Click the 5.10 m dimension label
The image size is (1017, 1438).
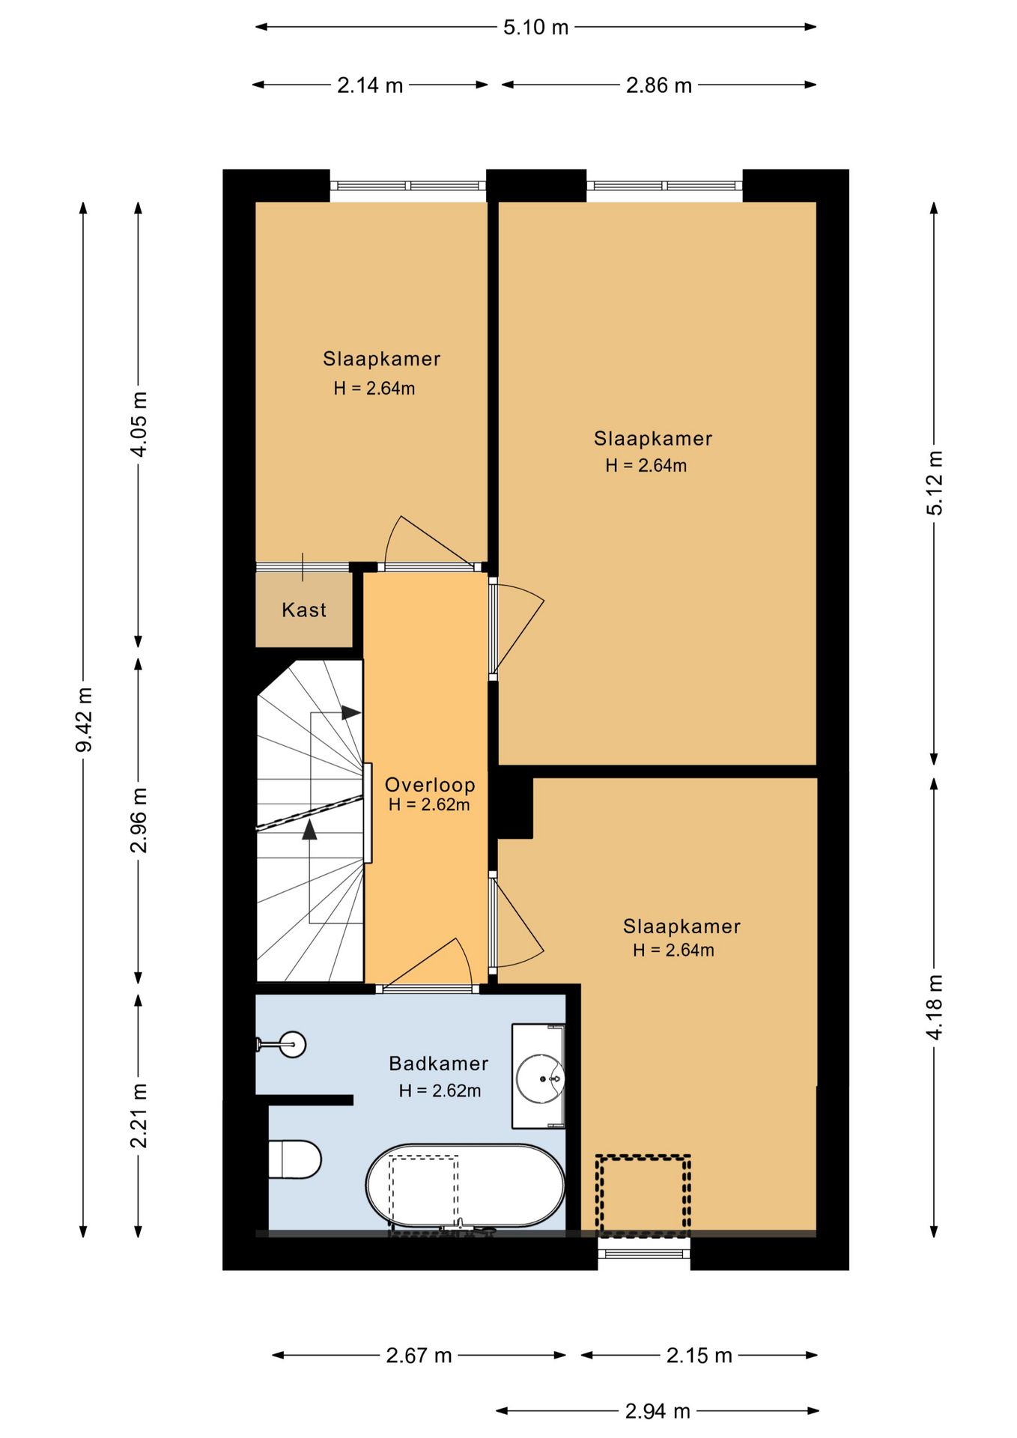point(535,28)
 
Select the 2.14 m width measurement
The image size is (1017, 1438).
point(370,85)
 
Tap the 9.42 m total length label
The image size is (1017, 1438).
point(84,720)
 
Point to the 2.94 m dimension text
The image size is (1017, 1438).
point(658,1411)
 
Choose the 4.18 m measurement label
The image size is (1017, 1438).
point(935,1007)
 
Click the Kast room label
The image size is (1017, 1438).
point(304,610)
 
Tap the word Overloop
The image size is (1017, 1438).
point(430,784)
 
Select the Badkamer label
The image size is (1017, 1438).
point(439,1063)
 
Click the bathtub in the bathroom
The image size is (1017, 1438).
point(465,1186)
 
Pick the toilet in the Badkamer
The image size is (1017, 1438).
point(294,1159)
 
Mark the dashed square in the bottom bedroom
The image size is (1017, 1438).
point(643,1195)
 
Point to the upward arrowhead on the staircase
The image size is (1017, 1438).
point(309,829)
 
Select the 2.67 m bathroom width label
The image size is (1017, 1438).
point(419,1355)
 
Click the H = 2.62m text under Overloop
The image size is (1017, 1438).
point(429,805)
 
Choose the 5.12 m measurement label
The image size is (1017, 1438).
point(935,482)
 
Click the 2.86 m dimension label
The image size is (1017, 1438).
point(659,85)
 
